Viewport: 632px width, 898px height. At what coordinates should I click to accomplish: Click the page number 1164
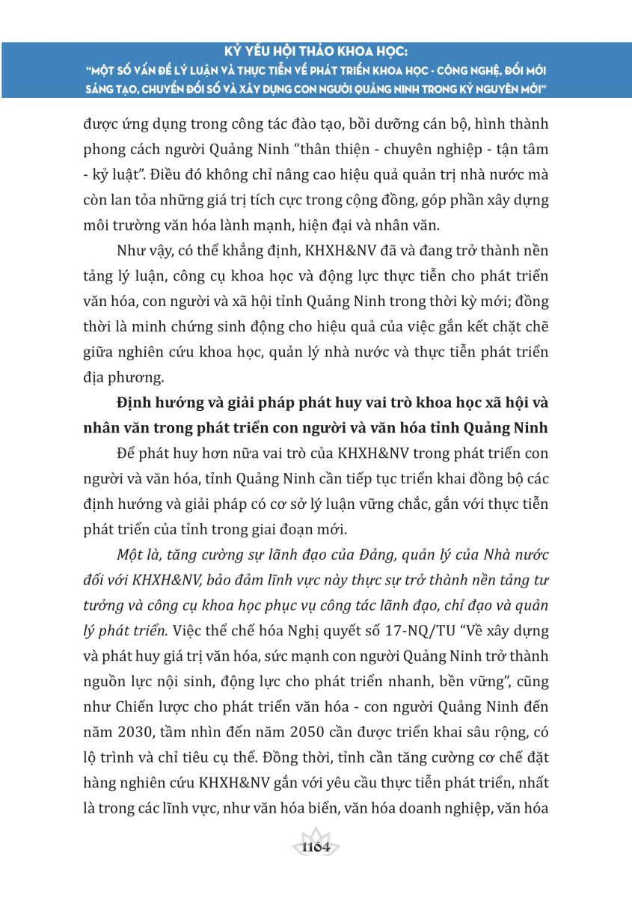tap(316, 847)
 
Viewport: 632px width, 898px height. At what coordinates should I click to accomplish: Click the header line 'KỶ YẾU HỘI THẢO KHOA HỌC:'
tap(316, 52)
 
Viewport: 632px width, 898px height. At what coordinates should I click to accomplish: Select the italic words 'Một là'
tap(138, 557)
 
